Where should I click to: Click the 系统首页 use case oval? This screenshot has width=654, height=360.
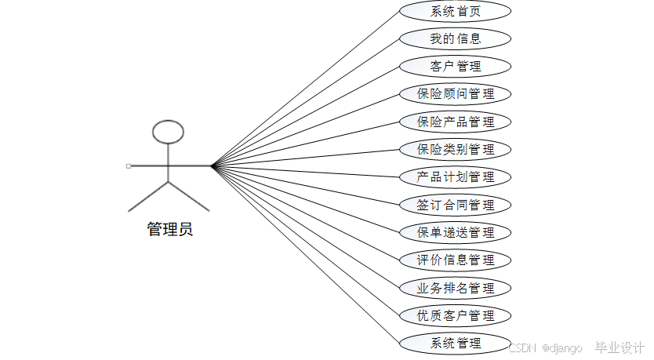[x=456, y=11]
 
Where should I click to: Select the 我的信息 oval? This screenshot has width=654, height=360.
[x=456, y=38]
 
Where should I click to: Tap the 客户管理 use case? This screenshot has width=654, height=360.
[x=456, y=66]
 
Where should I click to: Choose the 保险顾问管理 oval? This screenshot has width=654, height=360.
[x=456, y=94]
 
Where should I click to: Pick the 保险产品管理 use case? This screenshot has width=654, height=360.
[x=456, y=122]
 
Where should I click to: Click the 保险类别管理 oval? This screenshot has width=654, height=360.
[x=456, y=149]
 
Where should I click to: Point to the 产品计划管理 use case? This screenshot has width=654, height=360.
[x=456, y=176]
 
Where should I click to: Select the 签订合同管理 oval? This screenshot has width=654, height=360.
[x=456, y=205]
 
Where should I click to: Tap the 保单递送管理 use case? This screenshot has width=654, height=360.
[x=456, y=232]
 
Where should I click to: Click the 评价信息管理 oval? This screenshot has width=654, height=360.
[x=456, y=260]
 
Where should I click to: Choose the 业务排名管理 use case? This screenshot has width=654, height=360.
[x=456, y=288]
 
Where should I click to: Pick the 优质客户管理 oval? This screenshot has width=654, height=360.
[x=456, y=315]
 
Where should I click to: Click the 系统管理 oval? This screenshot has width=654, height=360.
[x=456, y=343]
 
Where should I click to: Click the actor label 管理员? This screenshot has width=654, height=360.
[x=169, y=229]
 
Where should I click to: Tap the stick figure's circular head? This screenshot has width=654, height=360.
[x=168, y=132]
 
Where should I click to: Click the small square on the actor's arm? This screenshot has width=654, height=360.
[x=128, y=165]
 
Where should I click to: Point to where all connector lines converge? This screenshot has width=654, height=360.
[x=212, y=165]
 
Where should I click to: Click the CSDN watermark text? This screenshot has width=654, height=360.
[x=521, y=347]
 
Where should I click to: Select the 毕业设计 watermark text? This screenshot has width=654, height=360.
[x=619, y=347]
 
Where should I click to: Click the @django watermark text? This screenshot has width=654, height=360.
[x=562, y=347]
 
